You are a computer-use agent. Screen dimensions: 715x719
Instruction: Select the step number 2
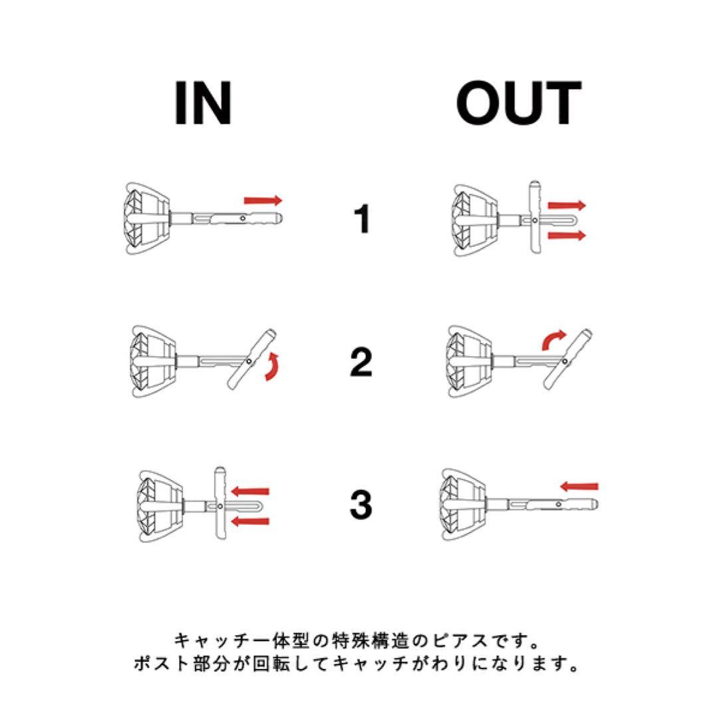(361, 361)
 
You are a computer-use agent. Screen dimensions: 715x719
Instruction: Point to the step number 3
(361, 505)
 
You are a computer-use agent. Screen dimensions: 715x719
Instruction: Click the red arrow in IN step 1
(263, 200)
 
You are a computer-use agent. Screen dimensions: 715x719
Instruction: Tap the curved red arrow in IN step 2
(272, 367)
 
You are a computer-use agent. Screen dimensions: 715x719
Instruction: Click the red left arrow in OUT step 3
(579, 486)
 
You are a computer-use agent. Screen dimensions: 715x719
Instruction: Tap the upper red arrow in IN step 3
(249, 491)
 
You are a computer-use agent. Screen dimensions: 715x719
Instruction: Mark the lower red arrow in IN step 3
(249, 521)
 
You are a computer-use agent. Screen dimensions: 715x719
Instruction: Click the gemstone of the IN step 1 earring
(138, 218)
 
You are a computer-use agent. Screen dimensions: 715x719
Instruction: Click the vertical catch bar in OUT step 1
(535, 216)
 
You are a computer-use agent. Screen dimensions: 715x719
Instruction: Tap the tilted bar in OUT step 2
(567, 359)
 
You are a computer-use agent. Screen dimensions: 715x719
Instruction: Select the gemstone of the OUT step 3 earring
(454, 504)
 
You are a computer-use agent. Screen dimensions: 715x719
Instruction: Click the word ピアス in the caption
(461, 640)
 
